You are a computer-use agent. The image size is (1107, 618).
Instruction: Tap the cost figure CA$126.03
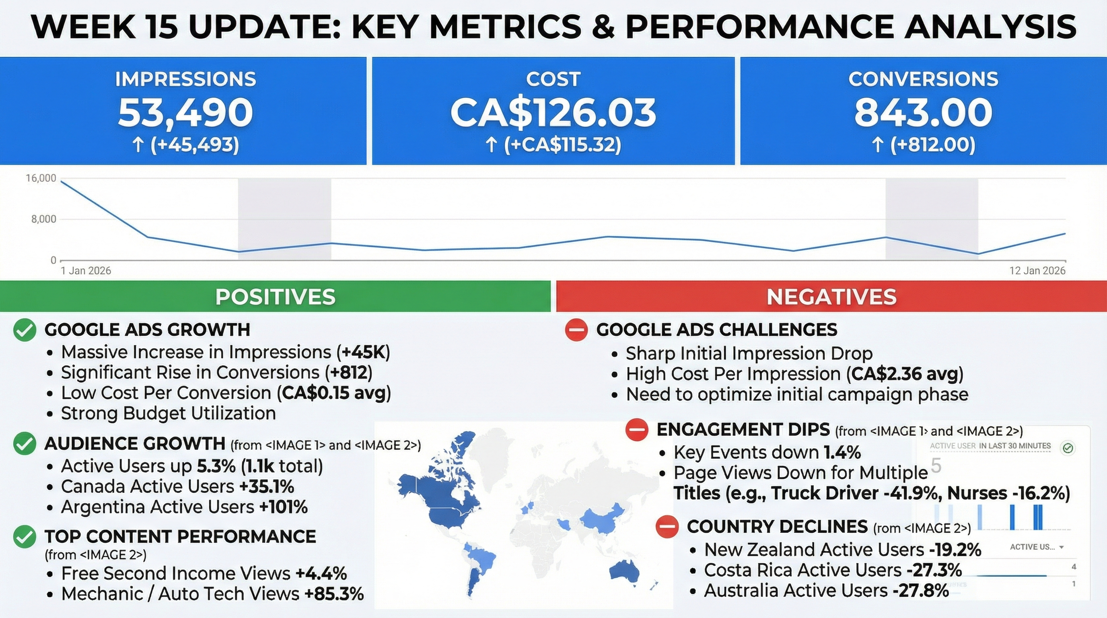[553, 113]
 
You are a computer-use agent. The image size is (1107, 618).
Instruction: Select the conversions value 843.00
[923, 113]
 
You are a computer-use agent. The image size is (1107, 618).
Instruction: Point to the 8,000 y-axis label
[43, 219]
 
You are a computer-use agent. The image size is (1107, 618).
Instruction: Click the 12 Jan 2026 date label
[1037, 271]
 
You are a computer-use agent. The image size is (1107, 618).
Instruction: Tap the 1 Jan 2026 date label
[86, 271]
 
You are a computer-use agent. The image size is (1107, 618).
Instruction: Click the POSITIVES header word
[275, 297]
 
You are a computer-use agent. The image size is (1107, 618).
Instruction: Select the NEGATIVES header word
[831, 297]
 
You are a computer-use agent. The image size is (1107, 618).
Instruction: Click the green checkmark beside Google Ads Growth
[25, 330]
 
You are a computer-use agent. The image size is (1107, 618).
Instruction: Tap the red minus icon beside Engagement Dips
[636, 429]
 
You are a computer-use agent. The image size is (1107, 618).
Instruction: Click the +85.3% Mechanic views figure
[334, 594]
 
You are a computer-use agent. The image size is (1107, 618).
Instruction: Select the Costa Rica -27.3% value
[934, 570]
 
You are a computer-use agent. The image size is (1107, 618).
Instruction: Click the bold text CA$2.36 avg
[905, 374]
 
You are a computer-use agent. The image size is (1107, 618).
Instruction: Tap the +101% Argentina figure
[283, 507]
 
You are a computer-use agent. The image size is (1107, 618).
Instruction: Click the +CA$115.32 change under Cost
[562, 145]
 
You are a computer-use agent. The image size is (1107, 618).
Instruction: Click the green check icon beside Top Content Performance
[25, 537]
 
